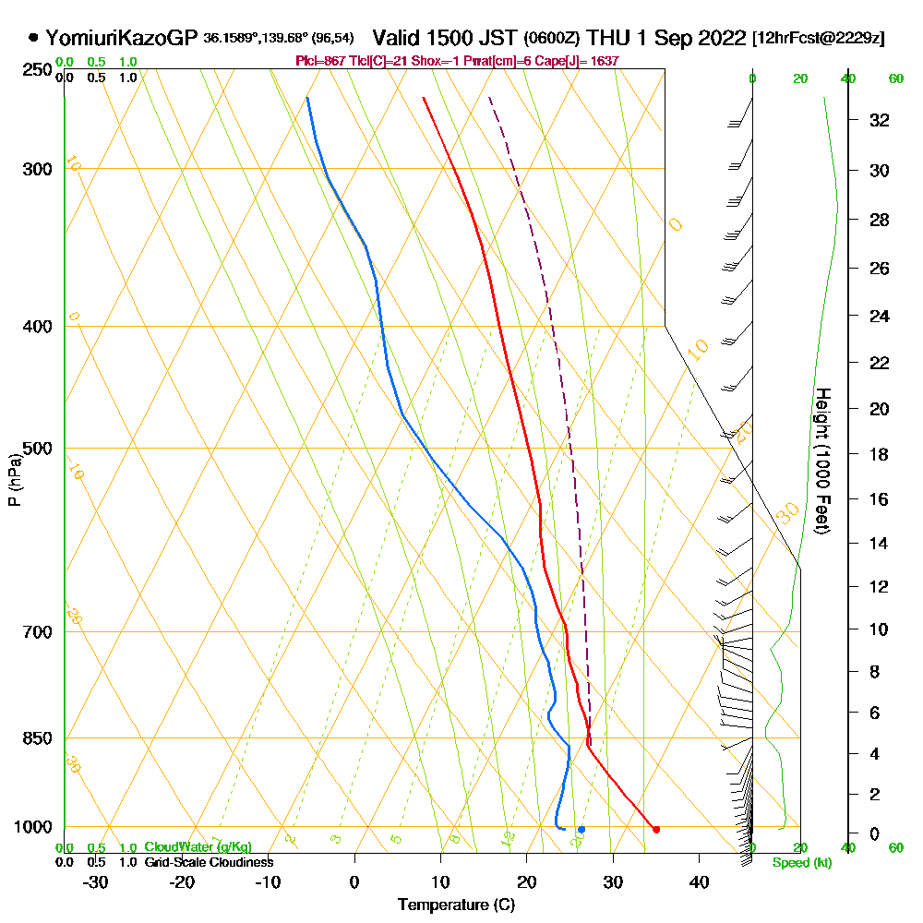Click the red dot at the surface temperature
click(656, 830)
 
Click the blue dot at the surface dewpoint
click(581, 830)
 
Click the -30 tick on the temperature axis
click(96, 882)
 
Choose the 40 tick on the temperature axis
click(699, 882)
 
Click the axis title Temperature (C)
click(456, 905)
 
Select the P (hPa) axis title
click(14, 479)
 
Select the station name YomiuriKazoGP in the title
click(121, 38)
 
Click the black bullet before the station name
click(34, 38)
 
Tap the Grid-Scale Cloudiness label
click(209, 862)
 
